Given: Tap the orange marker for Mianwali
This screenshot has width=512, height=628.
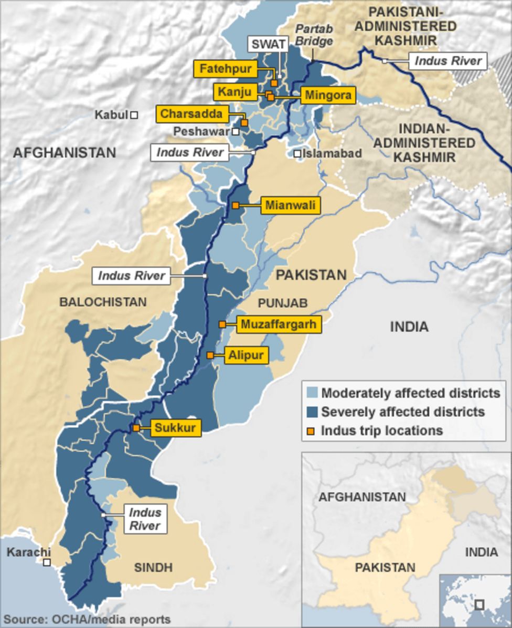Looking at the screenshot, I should (x=236, y=205).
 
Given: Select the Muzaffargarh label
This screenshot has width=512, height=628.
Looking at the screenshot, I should (x=279, y=324).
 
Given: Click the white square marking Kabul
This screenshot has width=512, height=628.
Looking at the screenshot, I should (x=134, y=114).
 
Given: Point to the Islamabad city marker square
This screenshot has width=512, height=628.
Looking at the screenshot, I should (x=297, y=154).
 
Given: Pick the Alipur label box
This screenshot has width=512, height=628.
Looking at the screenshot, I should (x=247, y=355).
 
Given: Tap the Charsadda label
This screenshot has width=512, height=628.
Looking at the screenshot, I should (x=191, y=114).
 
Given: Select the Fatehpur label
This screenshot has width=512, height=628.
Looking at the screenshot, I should (x=225, y=69).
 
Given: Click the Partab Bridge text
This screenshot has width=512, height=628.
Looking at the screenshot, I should (x=314, y=35).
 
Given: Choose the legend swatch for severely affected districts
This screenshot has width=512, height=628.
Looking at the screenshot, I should (x=312, y=412).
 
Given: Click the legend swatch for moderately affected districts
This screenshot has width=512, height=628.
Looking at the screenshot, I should (x=312, y=393).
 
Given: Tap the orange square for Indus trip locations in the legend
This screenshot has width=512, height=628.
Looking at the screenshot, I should (x=312, y=431).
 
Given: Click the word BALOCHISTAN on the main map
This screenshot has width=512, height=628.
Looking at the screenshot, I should (x=102, y=302).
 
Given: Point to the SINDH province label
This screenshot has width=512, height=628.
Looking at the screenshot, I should (x=153, y=567).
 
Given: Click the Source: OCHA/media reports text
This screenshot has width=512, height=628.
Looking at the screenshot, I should (x=87, y=619).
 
